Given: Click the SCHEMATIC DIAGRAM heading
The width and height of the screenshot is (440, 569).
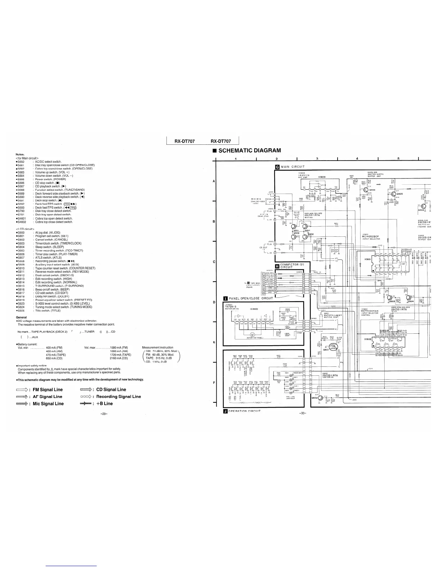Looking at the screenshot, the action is tap(249, 151).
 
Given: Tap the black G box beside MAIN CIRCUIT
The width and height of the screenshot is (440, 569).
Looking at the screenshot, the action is tap(277, 167).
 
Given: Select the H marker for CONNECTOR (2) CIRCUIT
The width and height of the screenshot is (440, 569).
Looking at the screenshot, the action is tap(277, 266).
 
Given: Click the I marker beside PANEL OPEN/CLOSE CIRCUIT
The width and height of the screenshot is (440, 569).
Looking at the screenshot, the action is tap(225, 298).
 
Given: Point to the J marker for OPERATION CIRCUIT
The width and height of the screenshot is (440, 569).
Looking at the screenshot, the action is tap(225, 411).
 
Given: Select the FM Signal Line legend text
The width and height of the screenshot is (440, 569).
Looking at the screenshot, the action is tap(47, 390).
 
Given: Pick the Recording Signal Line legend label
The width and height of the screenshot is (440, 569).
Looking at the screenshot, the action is tap(119, 397).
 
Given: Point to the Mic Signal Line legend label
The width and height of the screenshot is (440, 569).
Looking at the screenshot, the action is tap(48, 404).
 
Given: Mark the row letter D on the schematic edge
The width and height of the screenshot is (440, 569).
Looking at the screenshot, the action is tap(214, 302).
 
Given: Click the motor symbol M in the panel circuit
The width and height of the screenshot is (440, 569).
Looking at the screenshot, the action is tap(252, 335).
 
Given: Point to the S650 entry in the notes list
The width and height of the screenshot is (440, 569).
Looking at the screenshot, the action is tap(21, 162).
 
